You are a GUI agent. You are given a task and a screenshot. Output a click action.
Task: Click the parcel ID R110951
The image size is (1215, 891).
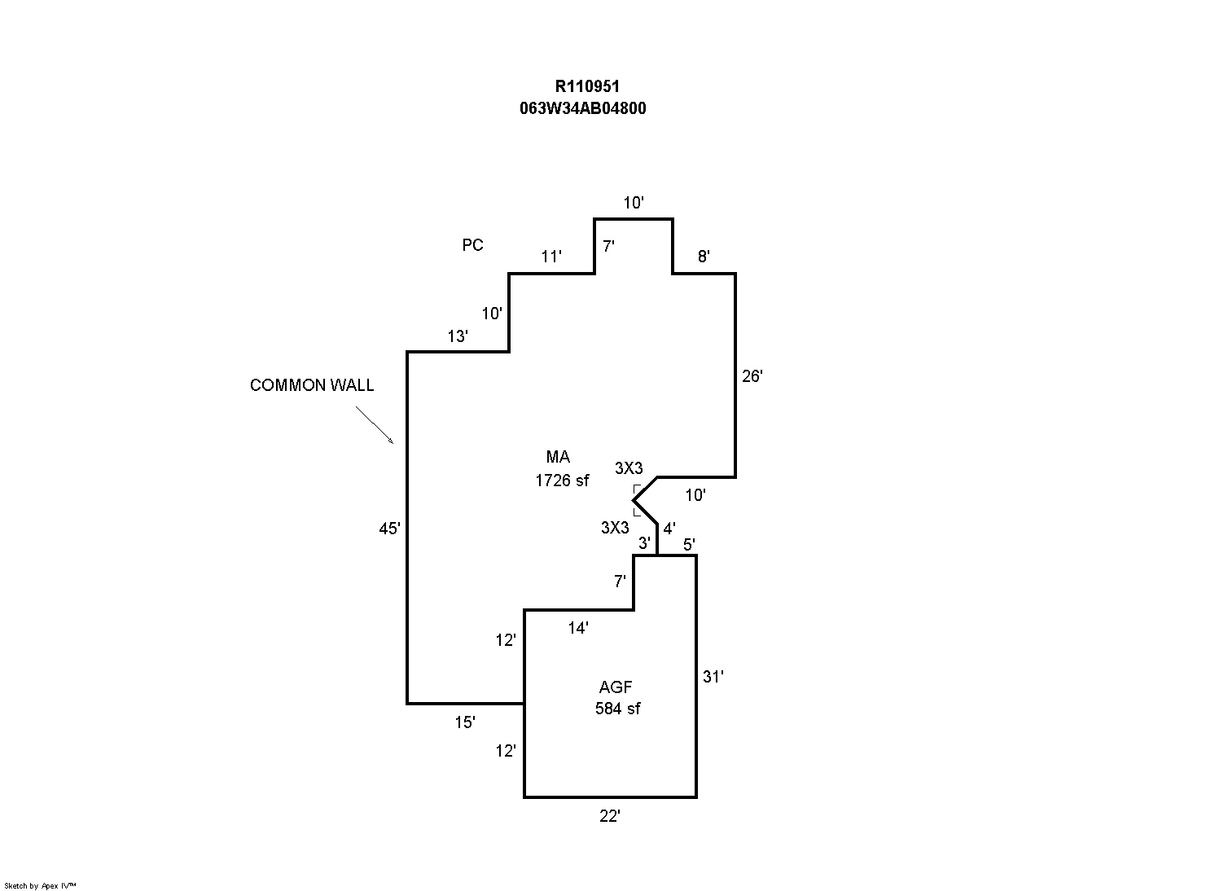pos(582,86)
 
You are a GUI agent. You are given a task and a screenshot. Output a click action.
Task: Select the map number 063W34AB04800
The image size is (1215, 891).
pos(582,108)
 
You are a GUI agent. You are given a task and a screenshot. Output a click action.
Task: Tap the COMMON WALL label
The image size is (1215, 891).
pos(312,385)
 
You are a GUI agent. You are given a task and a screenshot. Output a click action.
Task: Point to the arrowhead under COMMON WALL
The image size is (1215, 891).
pos(391,441)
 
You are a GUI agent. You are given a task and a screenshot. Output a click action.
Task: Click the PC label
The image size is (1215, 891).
pos(472,245)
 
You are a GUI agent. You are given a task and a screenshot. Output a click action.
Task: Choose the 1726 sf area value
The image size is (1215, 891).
pos(561,481)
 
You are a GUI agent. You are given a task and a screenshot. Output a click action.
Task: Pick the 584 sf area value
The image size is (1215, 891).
pos(617,709)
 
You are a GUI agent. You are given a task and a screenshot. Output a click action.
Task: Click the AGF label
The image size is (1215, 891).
pos(616,687)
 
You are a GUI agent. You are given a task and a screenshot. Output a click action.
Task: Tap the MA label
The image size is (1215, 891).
pos(558,457)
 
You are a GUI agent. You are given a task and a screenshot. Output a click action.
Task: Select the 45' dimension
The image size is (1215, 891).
pos(389,529)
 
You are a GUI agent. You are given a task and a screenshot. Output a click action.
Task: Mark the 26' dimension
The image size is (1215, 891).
pos(752,376)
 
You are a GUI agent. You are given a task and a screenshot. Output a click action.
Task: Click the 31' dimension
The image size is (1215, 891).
pos(713,676)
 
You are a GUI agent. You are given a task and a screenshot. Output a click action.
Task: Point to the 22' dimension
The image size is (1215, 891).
pos(610,816)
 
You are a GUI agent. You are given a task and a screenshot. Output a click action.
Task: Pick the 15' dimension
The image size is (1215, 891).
pos(465,722)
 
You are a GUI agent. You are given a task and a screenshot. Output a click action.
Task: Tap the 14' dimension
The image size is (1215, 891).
pos(578,628)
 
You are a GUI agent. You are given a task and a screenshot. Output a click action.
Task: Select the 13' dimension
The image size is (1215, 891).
pos(458,336)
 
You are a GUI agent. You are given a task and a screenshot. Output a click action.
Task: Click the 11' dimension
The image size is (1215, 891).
pos(552,257)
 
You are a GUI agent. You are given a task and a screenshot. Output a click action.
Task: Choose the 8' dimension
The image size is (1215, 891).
pos(704,257)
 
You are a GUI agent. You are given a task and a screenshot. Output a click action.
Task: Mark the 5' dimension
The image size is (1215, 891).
pos(689,544)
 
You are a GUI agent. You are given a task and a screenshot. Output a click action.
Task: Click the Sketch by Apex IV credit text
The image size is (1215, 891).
pos(40,885)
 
